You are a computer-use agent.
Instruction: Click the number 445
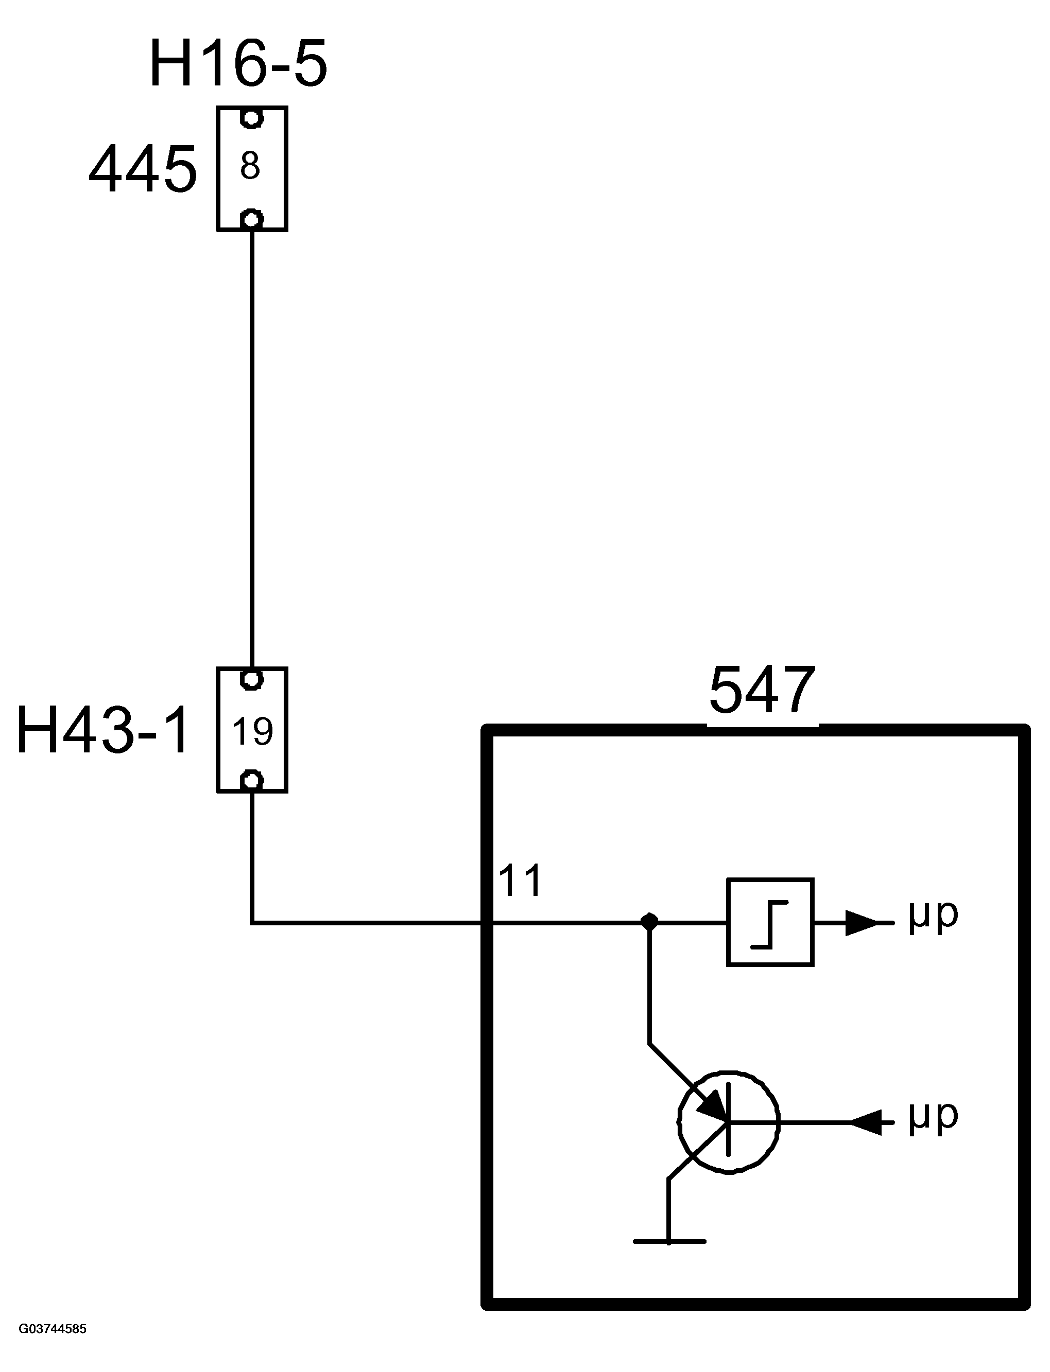[143, 169]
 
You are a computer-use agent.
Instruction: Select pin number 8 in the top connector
[250, 166]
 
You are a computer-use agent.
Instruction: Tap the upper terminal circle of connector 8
[251, 118]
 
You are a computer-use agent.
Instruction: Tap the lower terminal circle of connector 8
[251, 219]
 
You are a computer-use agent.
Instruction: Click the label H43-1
[103, 730]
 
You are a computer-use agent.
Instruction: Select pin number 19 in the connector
[252, 731]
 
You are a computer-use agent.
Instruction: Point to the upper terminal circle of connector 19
[251, 679]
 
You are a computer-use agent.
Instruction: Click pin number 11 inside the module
[520, 881]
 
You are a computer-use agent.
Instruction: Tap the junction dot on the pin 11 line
[650, 922]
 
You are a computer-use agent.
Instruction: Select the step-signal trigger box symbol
[770, 922]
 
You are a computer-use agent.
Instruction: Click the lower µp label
[933, 1117]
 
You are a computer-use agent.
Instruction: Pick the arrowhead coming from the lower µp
[866, 1122]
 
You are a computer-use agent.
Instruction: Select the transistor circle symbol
[729, 1122]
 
